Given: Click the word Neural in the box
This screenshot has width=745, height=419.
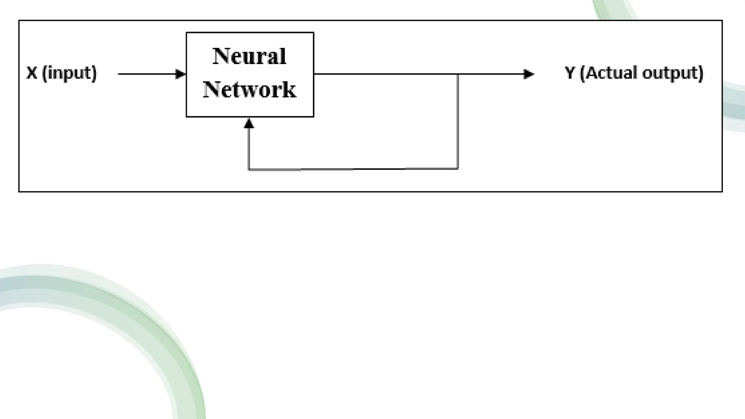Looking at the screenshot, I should (249, 57).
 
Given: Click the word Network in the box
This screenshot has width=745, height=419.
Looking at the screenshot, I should (250, 89).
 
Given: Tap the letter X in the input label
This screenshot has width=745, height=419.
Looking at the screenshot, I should (32, 73).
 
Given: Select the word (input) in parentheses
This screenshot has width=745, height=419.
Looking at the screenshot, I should (69, 73).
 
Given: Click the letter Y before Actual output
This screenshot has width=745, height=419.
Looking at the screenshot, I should (570, 73).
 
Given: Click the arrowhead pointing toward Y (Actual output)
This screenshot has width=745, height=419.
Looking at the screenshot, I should (529, 74).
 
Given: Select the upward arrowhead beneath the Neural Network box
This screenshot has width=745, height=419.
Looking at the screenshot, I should (249, 124).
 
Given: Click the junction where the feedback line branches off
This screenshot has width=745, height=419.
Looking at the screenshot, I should (458, 74).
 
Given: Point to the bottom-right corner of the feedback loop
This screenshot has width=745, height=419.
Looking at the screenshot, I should (458, 169).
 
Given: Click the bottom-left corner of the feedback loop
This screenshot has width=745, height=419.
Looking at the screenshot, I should (249, 169).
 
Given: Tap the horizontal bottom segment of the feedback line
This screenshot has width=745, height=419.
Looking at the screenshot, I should (353, 169).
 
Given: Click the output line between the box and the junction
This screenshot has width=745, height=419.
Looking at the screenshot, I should (386, 74).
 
